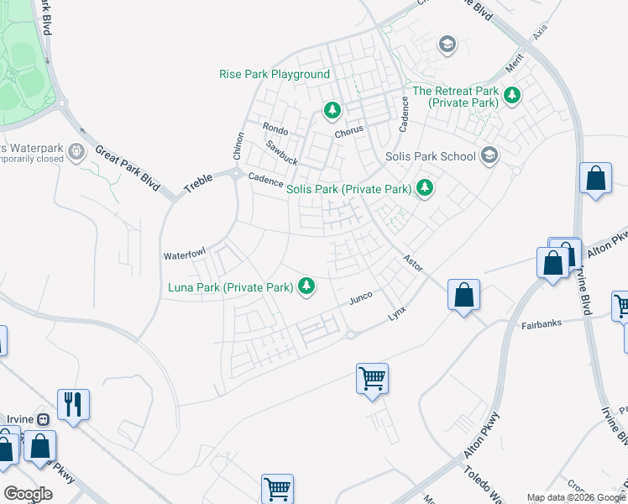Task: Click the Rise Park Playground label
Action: click(275, 74)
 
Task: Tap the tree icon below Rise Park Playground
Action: click(332, 110)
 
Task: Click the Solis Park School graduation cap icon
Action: click(489, 155)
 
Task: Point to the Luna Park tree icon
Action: click(306, 287)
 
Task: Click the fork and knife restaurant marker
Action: click(74, 405)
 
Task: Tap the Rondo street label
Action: click(275, 129)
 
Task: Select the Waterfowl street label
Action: click(184, 255)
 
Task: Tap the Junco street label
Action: click(360, 298)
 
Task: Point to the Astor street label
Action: click(411, 262)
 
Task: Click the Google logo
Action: click(28, 493)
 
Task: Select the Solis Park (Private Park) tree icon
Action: click(425, 188)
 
